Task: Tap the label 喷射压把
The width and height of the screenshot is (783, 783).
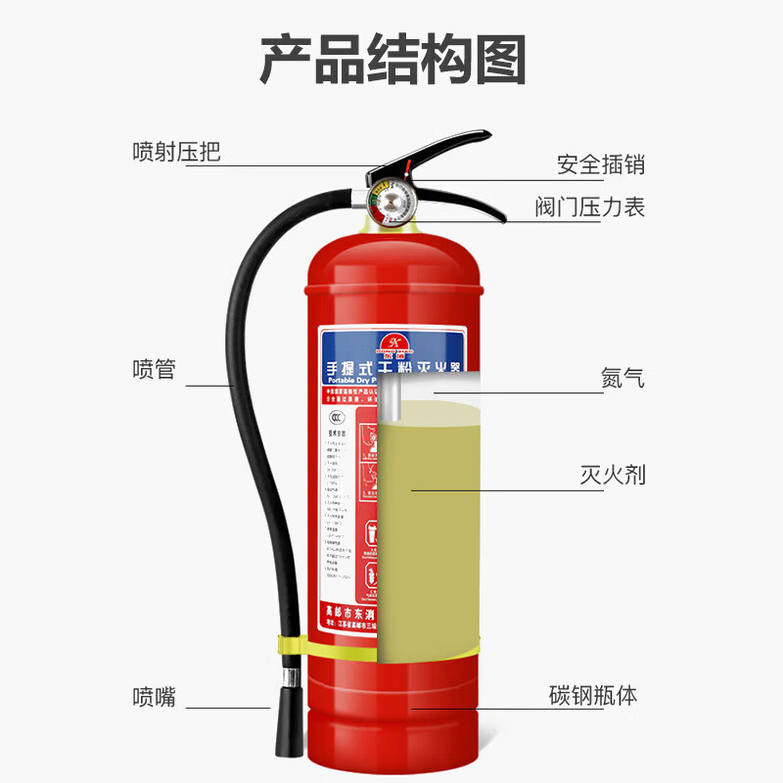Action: pos(176,152)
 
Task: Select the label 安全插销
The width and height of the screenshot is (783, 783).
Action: pos(601,164)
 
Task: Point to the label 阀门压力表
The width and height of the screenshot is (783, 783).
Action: pos(589,207)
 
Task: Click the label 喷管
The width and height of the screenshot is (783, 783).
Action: pos(154,370)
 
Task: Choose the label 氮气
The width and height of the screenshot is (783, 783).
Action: pos(622,377)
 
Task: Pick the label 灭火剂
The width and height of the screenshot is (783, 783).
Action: pos(611,476)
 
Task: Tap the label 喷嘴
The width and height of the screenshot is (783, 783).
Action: pos(154,697)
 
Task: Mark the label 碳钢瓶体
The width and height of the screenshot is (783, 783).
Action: pos(593,696)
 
